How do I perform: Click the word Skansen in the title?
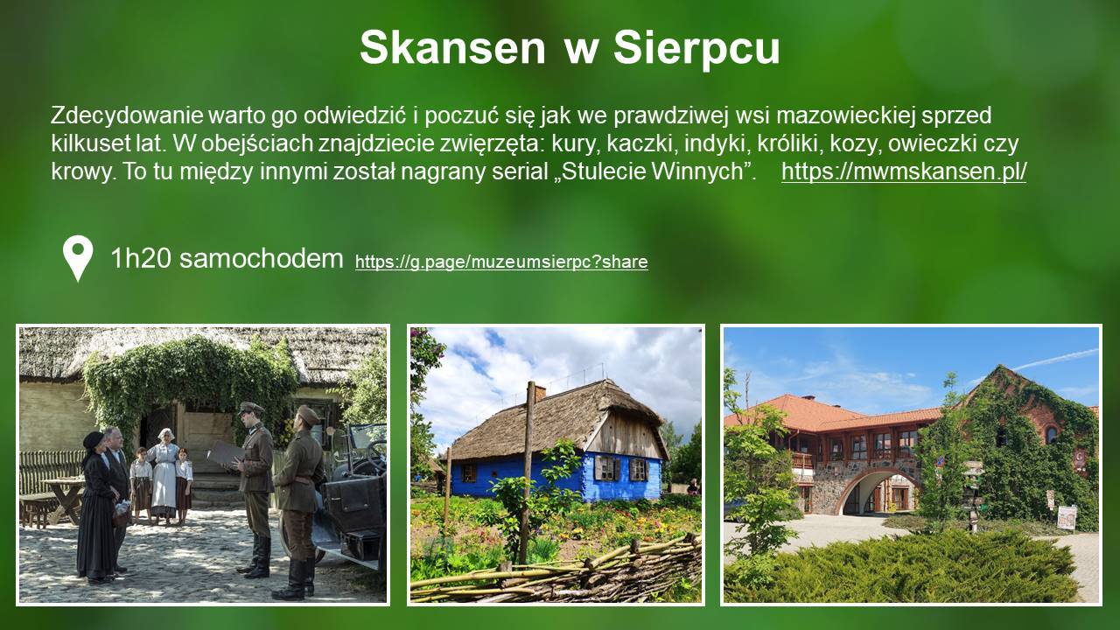coord(452,47)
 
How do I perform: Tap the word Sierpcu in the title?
coord(696,47)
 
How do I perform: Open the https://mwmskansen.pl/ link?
coord(904,171)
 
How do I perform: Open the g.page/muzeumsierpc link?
coord(501,262)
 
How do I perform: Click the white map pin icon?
coord(78,256)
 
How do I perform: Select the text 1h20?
coord(141,258)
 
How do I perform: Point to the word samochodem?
coord(262,258)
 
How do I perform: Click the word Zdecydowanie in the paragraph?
coord(127,116)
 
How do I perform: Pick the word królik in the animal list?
coord(790,143)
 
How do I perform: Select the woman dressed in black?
coord(97,507)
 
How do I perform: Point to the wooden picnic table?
coord(62,498)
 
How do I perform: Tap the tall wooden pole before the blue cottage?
coord(527,472)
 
